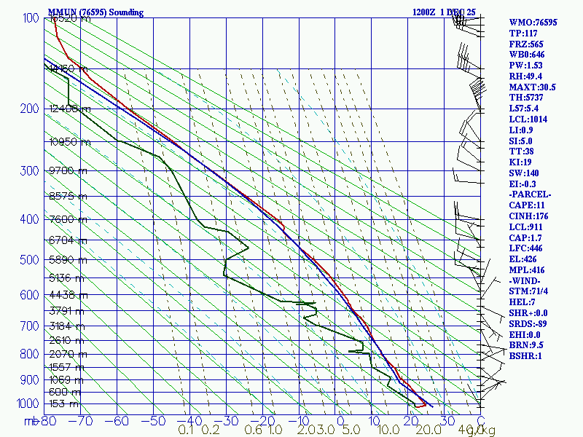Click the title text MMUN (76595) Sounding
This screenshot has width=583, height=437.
tap(95, 12)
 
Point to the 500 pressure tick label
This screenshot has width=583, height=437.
tap(28, 260)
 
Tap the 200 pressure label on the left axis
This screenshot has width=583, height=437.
tap(28, 109)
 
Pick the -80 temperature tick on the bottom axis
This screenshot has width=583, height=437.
tap(49, 420)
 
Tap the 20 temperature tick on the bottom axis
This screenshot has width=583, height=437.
tap(409, 420)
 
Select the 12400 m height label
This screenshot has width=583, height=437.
tap(71, 109)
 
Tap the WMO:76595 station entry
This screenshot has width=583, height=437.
tap(533, 23)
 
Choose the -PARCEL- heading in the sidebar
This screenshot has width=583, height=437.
tap(531, 194)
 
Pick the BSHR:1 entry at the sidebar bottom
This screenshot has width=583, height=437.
tap(525, 356)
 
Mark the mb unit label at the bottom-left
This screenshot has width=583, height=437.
tap(31, 421)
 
